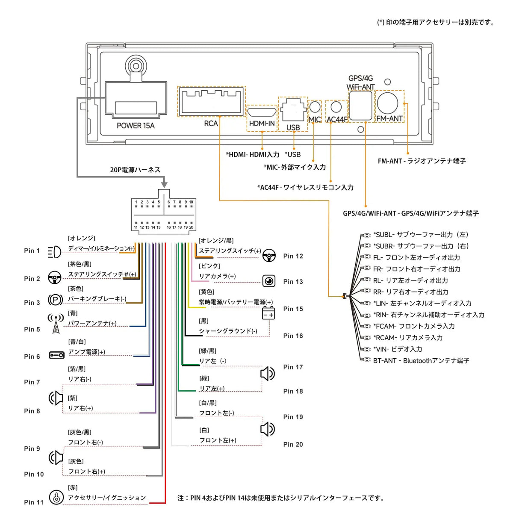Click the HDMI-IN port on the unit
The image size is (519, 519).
(262, 113)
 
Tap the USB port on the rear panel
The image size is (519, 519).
(293, 112)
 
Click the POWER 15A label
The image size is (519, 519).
(136, 126)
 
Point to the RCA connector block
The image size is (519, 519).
(211, 101)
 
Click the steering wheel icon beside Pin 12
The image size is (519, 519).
(269, 256)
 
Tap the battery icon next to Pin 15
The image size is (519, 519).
(268, 313)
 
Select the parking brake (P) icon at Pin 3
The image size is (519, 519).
(55, 300)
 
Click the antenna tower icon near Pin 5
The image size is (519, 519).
(56, 323)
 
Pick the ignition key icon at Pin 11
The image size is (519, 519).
(56, 497)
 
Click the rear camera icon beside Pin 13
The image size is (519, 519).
(269, 281)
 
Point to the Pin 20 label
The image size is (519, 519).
(293, 445)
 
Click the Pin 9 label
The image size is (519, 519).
(32, 448)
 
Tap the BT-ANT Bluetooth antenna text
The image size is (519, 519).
(421, 361)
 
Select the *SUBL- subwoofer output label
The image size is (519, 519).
(421, 235)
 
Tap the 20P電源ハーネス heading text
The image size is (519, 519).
(135, 170)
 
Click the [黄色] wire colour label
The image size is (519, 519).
(206, 292)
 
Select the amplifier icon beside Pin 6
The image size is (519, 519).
(56, 355)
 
